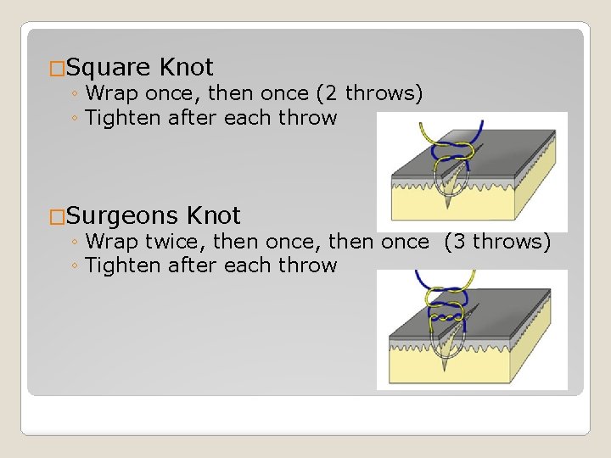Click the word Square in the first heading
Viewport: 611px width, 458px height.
coord(108,67)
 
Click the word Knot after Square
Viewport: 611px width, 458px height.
coord(186,67)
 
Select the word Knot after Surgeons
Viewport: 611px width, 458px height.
coord(213,215)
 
